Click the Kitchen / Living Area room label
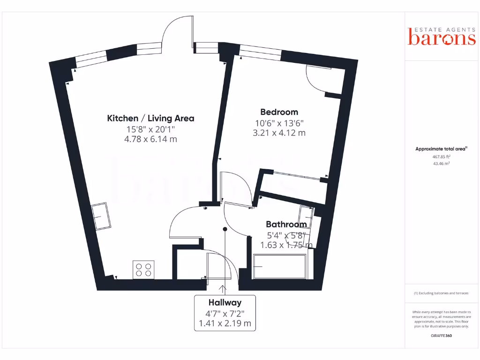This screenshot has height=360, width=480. (150, 118)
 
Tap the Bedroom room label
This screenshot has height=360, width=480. (279, 112)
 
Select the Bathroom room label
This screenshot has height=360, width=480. (286, 225)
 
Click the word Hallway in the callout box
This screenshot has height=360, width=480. (225, 303)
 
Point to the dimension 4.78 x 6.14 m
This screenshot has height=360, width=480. (150, 139)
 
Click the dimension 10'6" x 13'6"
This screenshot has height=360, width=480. (279, 123)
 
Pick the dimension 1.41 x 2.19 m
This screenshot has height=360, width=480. (225, 323)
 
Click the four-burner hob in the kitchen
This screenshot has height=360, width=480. (143, 269)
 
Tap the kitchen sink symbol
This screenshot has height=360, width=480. (101, 216)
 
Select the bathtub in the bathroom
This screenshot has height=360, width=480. (279, 266)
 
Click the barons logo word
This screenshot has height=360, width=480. (442, 38)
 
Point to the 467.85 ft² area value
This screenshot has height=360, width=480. (442, 157)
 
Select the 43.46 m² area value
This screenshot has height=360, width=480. (442, 164)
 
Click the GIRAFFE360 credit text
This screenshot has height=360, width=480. (442, 336)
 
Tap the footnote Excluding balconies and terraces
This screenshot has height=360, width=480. (442, 293)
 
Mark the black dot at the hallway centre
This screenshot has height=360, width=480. (225, 229)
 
